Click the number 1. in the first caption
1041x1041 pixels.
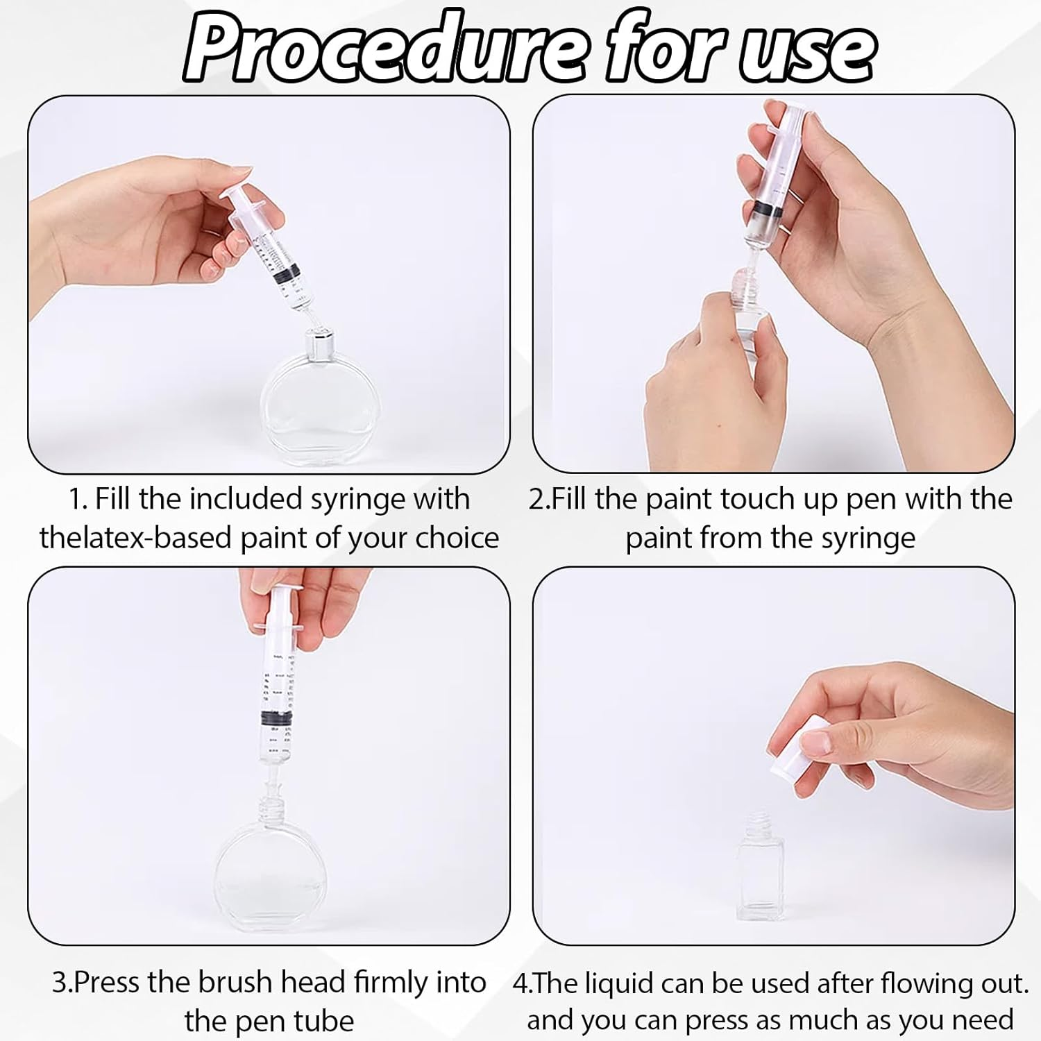coord(78,499)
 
